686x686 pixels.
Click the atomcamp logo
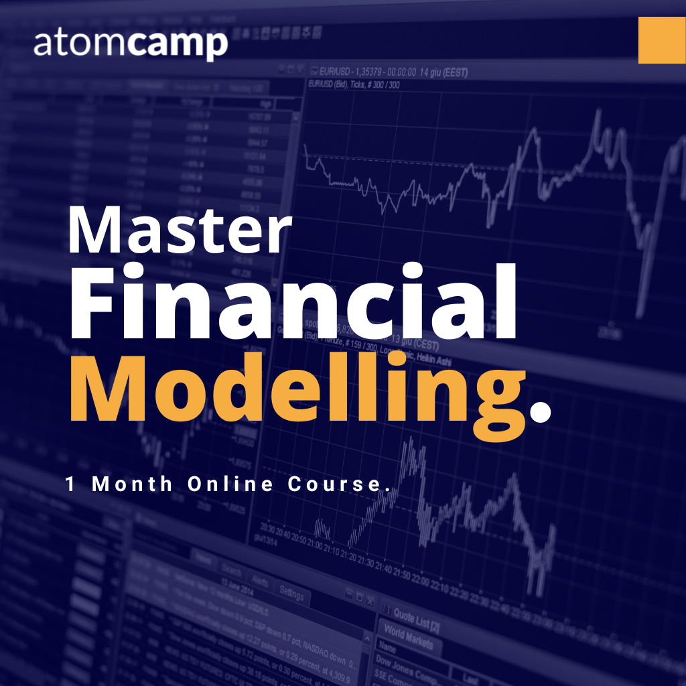point(130,44)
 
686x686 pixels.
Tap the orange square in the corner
point(662,40)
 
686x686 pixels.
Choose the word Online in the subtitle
point(230,484)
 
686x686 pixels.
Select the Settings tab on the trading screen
point(291,594)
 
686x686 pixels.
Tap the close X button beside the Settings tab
point(370,600)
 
